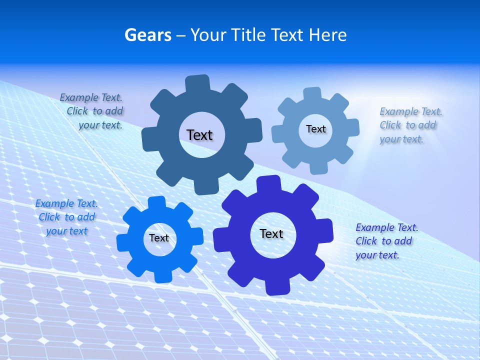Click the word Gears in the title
pos(147,35)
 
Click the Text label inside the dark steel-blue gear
pos(199,135)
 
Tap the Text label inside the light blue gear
pos(315,129)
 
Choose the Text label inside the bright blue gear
pos(159,238)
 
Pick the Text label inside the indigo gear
pos(271,233)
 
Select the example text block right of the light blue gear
pos(410,125)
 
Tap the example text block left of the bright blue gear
pos(66,217)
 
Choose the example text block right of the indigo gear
pos(386,241)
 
